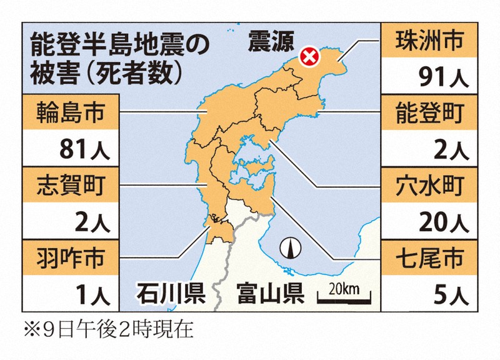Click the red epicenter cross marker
[x=308, y=57]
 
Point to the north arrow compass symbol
[x=290, y=249]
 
